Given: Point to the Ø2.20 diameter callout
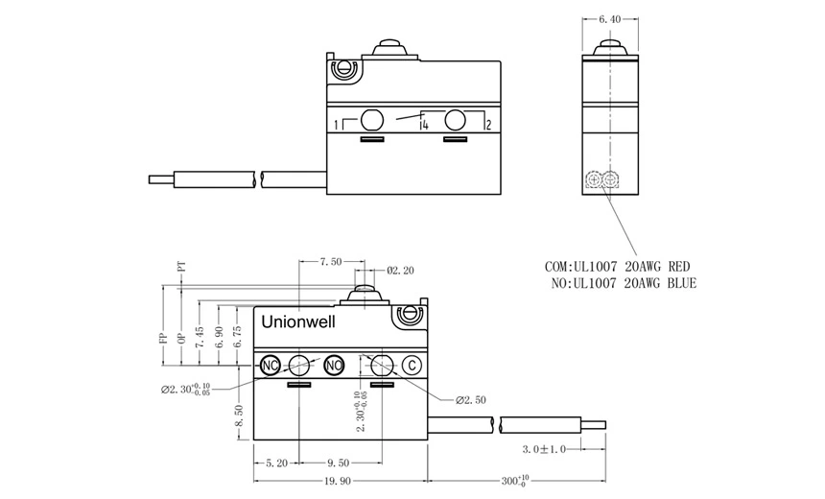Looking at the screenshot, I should [x=400, y=271].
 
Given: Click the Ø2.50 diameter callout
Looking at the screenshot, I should [x=471, y=399].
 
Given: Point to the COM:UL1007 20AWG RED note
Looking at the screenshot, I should [x=617, y=266].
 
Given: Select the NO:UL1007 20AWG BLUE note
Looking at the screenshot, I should [x=624, y=284].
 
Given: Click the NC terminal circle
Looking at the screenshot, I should [x=270, y=365].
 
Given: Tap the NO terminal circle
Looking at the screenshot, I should [x=334, y=365].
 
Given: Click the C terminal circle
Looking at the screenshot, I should [x=411, y=365].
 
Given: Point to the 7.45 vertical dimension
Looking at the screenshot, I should [x=200, y=337].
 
